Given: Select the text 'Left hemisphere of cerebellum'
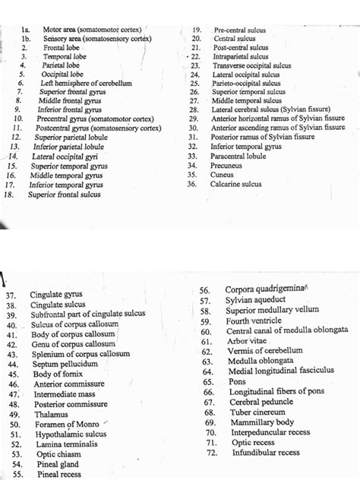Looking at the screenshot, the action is pyautogui.click(x=87, y=83).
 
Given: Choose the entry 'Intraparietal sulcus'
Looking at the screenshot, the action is pyautogui.click(x=240, y=56).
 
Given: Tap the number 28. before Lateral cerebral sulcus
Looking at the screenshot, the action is pyautogui.click(x=194, y=110).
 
